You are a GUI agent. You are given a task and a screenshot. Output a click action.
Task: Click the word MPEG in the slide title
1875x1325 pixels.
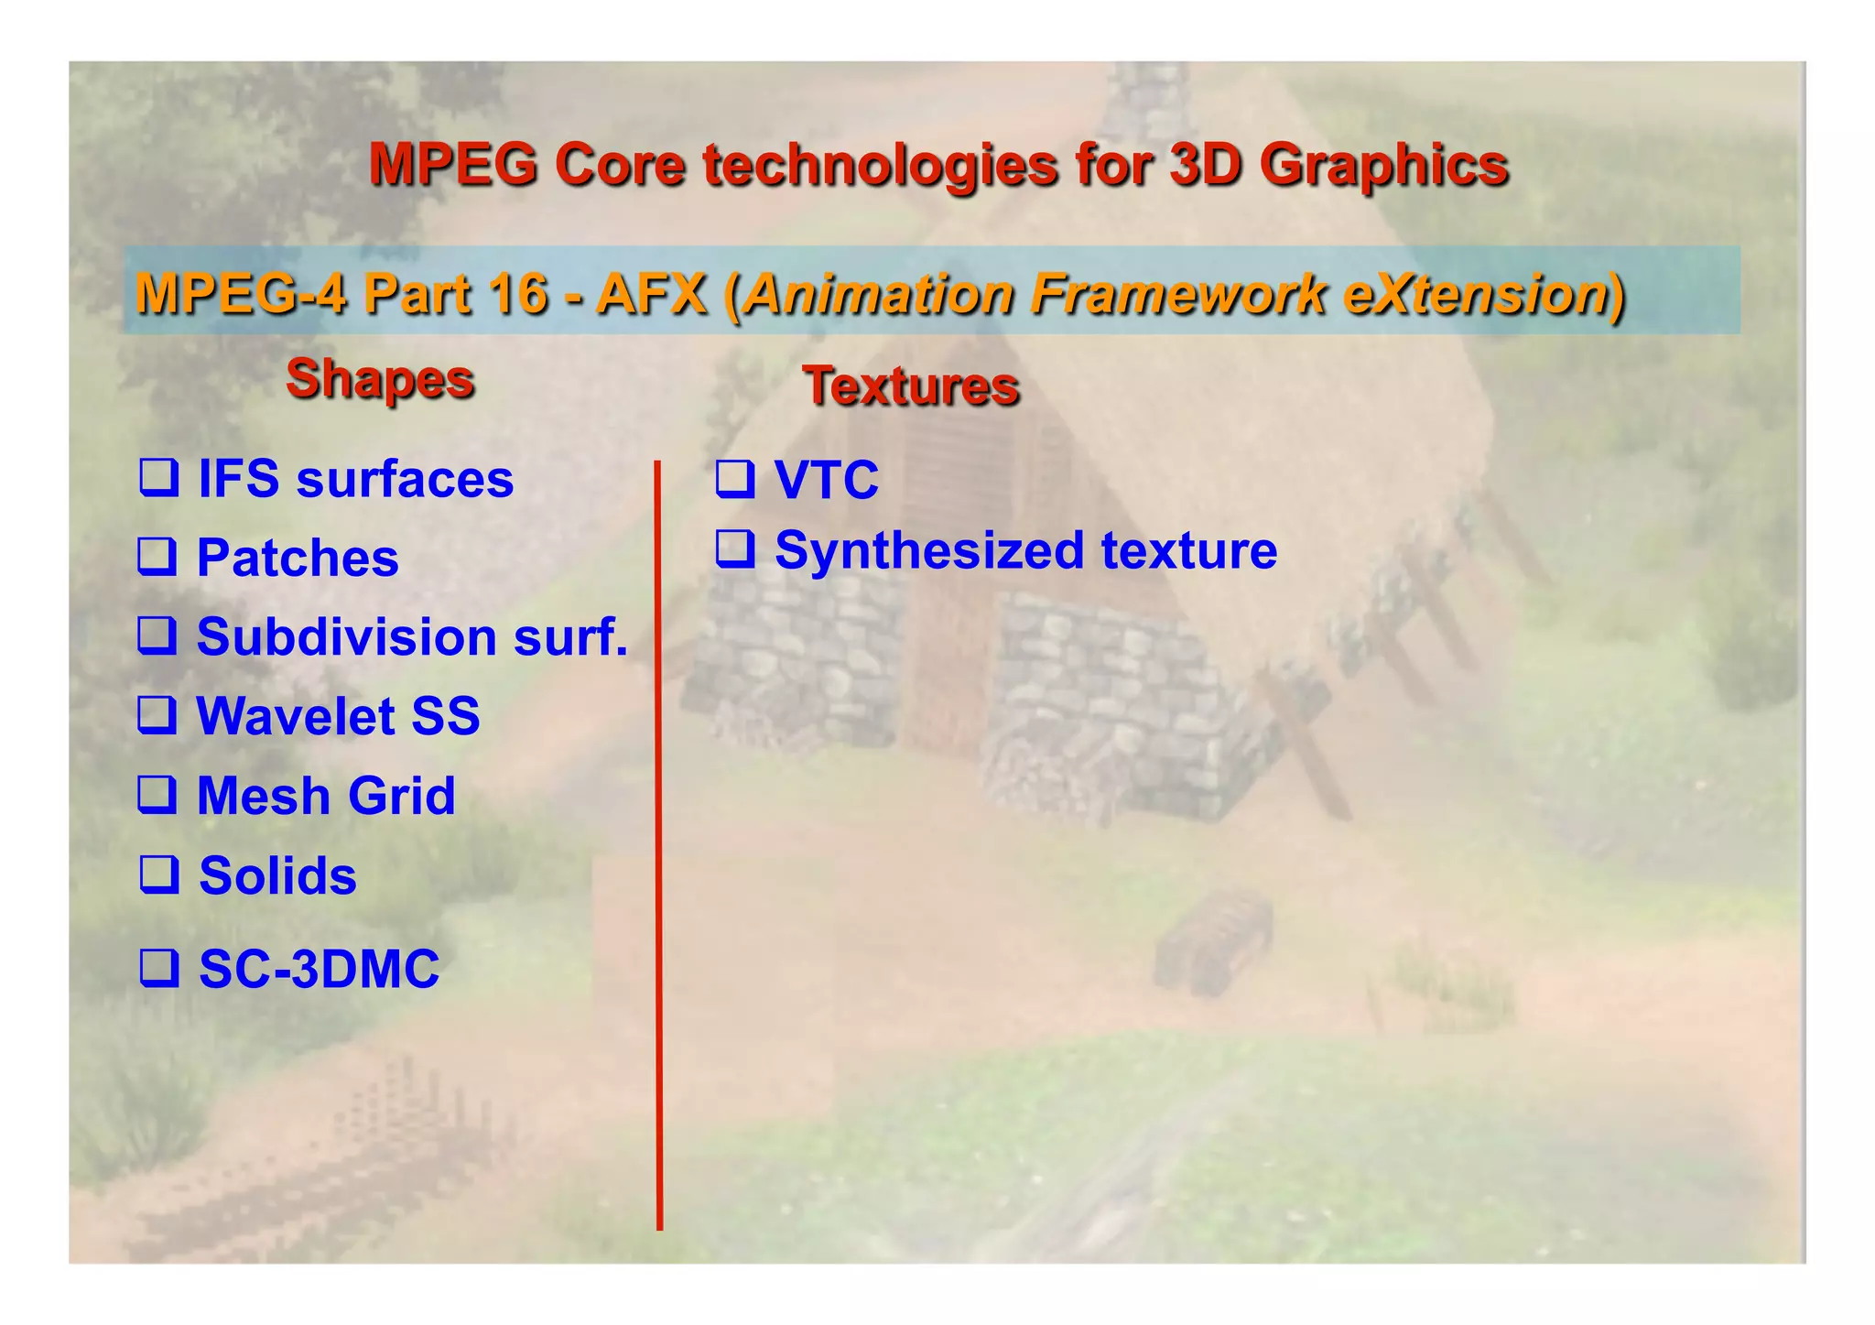pos(452,165)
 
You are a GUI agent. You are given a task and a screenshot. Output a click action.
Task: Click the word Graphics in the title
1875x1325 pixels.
pos(1383,165)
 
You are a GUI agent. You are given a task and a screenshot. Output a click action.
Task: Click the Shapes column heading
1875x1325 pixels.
pos(380,378)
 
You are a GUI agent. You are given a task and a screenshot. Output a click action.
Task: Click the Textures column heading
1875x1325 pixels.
pos(911,386)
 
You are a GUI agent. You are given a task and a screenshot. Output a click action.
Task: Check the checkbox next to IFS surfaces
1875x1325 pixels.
pos(158,477)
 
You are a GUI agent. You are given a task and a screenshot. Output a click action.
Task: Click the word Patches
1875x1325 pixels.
pos(298,558)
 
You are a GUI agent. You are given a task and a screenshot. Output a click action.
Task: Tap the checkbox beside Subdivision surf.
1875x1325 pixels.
pos(157,635)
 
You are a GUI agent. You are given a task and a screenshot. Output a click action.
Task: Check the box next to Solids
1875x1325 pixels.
pos(158,874)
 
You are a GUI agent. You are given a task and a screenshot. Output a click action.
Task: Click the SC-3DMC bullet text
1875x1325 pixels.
pos(319,969)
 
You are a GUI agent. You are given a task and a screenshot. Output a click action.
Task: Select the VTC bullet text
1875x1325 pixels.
pos(826,479)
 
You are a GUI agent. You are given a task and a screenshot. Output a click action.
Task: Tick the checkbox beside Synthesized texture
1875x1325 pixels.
pos(734,548)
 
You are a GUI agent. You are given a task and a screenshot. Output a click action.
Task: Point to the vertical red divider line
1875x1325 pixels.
pos(658,842)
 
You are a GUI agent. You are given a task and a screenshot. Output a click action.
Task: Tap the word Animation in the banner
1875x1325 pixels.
pos(879,294)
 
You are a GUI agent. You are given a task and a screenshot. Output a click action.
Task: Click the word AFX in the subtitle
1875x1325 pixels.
pos(652,294)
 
